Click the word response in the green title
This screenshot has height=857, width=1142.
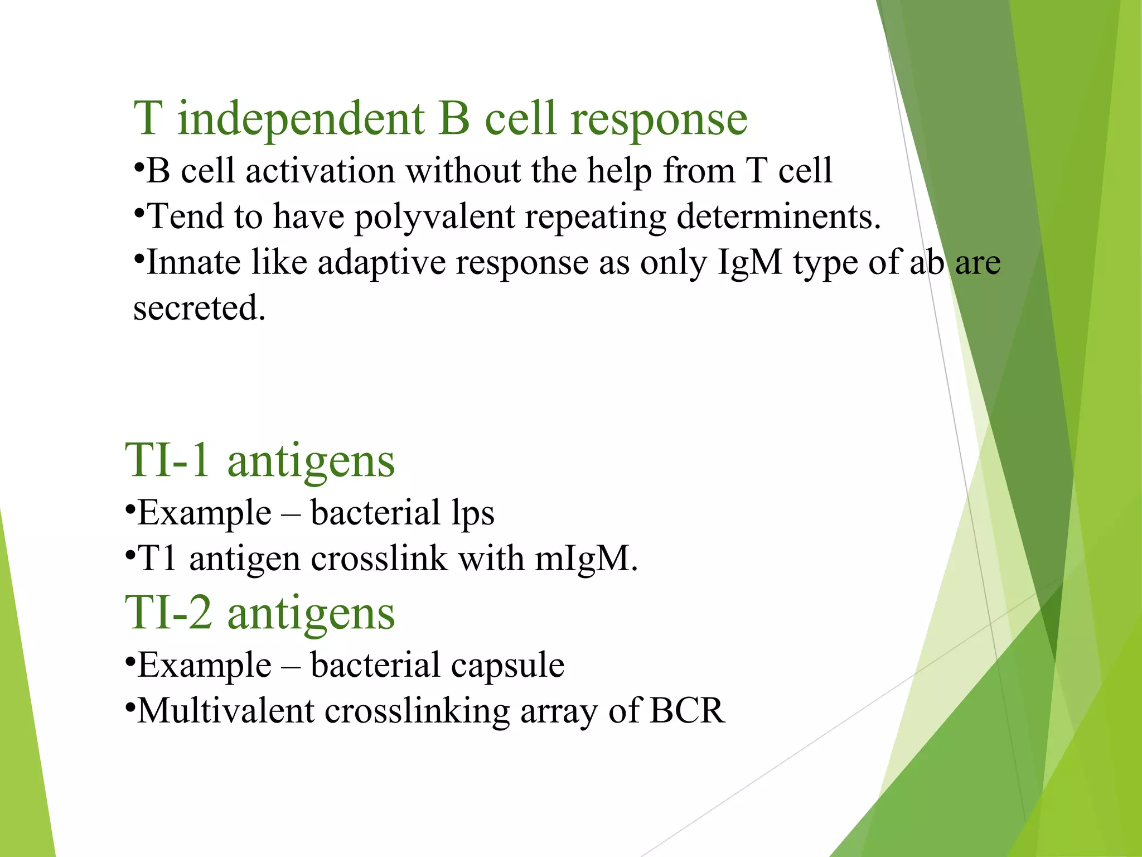[659, 119]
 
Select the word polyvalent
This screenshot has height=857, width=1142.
[434, 217]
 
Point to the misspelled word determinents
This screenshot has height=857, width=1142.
[778, 216]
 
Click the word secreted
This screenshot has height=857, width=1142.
[199, 308]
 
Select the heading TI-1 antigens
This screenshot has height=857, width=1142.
[260, 461]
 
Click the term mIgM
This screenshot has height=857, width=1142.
[585, 559]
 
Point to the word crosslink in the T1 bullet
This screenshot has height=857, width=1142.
[379, 559]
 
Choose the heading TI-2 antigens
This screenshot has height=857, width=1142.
[260, 613]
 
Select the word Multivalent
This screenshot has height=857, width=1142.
[226, 711]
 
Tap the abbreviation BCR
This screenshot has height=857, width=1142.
[687, 711]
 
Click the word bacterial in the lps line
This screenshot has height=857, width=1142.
[375, 513]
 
